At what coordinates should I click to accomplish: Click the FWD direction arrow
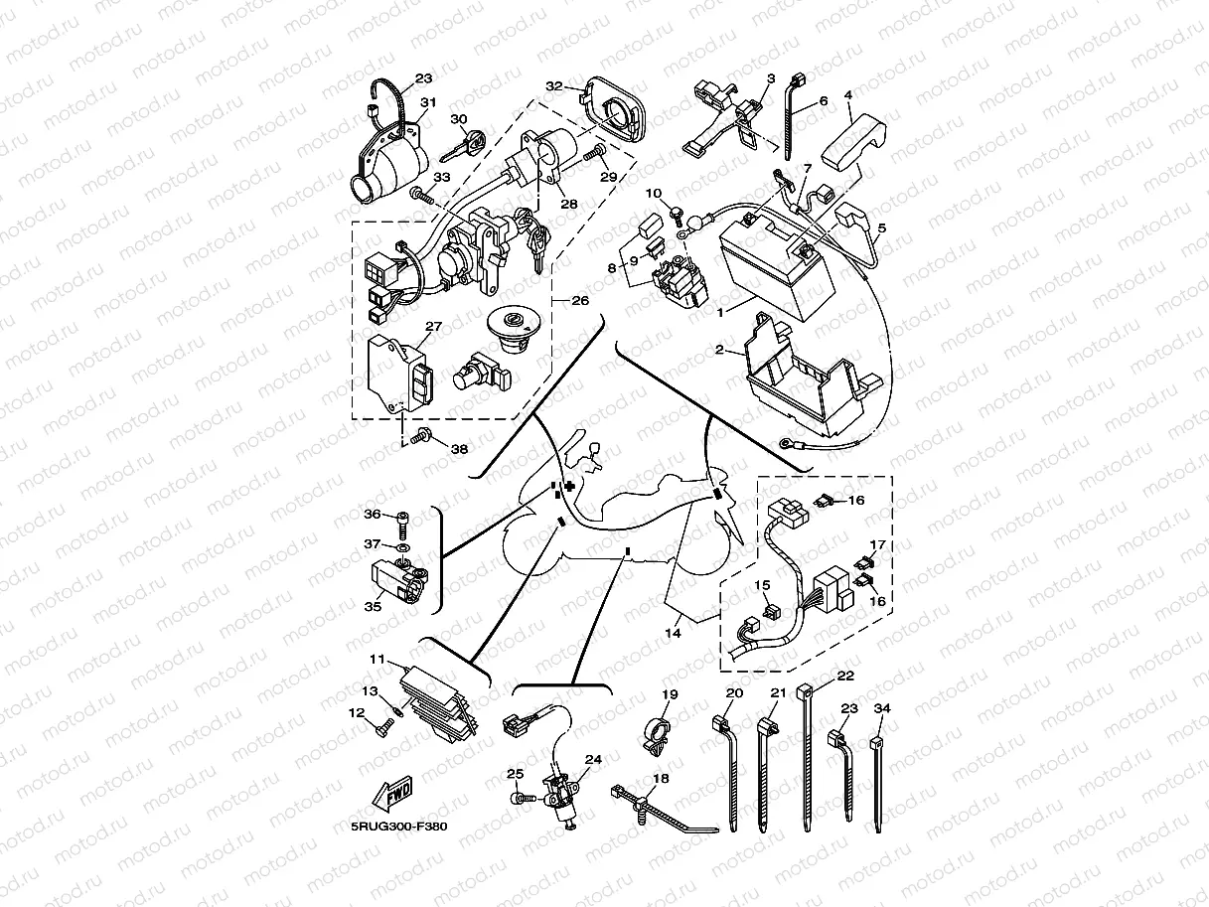pos(392,793)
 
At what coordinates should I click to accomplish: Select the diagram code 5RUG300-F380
pos(399,827)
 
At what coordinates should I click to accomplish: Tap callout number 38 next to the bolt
pos(459,449)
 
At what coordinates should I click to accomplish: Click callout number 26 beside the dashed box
pos(580,301)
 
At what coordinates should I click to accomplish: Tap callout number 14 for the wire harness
pos(674,633)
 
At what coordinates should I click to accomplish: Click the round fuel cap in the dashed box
pos(514,329)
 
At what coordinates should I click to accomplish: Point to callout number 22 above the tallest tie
pos(845,676)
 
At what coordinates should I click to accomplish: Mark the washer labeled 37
pos(403,548)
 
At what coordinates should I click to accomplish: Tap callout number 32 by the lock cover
pos(554,86)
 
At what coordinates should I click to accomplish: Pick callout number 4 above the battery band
pos(848,94)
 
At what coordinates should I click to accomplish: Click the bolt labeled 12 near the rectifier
pos(384,728)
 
